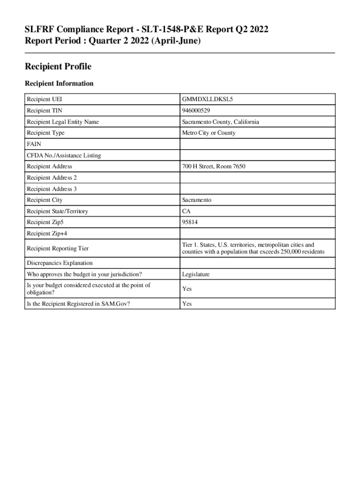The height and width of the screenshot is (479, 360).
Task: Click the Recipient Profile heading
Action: tap(58, 67)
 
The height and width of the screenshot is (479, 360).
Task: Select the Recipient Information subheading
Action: tap(59, 84)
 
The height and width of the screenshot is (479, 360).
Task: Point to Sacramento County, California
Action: tap(221, 122)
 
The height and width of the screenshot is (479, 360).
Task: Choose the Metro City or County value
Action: tap(209, 133)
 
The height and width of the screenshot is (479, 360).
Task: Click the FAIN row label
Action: tap(34, 144)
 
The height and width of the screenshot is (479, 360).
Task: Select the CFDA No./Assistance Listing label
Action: tap(64, 155)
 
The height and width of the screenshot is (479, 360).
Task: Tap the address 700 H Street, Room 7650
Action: tap(214, 167)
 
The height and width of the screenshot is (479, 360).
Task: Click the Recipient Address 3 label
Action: tap(52, 189)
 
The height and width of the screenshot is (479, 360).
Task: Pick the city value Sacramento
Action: tap(197, 200)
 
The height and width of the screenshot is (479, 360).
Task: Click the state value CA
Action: tap(186, 211)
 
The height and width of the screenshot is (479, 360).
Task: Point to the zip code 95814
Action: tap(190, 223)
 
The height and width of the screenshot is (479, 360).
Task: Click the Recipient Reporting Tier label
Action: tap(58, 248)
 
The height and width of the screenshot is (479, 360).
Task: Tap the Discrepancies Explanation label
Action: tap(59, 263)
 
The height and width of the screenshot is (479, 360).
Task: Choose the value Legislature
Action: tap(196, 275)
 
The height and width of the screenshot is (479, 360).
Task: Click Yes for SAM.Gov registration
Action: tap(187, 304)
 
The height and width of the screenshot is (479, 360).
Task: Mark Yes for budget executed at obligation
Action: tap(187, 289)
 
